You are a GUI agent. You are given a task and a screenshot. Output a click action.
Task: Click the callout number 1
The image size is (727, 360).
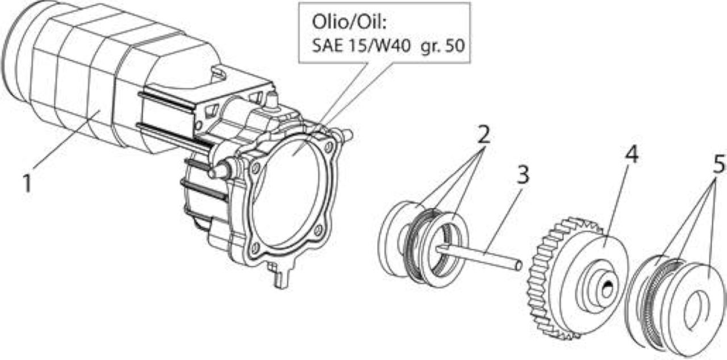27,183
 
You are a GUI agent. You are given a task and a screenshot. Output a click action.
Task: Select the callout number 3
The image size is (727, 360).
523,175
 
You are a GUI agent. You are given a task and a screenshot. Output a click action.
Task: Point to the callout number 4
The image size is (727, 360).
632,154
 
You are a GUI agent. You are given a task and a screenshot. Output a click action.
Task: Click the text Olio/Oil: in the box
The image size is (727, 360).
349,22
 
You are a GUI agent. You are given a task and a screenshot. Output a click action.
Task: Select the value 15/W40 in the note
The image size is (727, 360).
378,46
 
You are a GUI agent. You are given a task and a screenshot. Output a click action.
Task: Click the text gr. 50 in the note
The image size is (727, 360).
442,46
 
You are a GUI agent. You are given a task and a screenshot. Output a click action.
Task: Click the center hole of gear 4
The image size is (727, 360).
608,290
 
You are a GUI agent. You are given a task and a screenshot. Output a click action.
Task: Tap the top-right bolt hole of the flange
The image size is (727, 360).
329,147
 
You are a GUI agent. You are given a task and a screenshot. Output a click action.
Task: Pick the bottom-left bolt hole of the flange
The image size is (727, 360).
256,248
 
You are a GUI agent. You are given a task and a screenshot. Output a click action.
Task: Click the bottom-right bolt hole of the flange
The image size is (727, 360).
319,231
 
